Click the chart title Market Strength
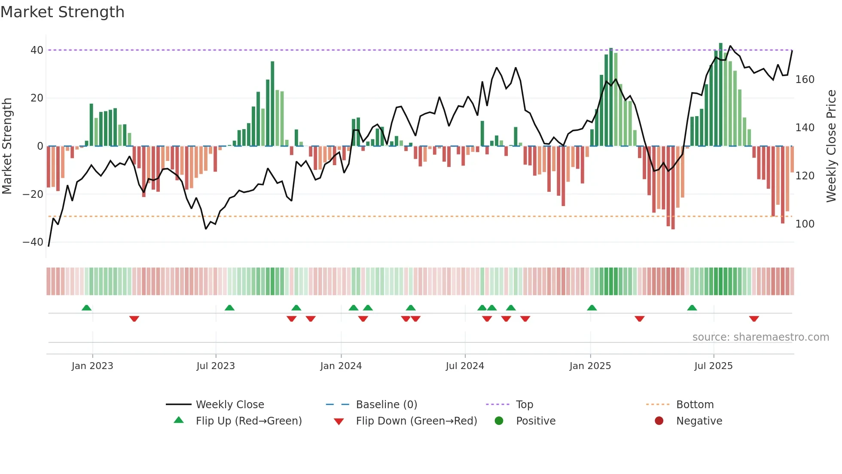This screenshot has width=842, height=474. (62, 12)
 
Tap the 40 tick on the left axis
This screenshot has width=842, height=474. (37, 50)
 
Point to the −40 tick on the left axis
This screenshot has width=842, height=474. (33, 242)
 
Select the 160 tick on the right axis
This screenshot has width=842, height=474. (805, 80)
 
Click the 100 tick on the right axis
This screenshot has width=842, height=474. (805, 224)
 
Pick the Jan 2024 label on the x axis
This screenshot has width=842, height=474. (341, 366)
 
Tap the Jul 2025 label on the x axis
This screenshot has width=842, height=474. (713, 366)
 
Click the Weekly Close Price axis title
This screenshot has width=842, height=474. (831, 146)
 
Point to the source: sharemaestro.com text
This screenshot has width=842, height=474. (760, 337)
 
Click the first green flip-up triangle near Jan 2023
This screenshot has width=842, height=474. (86, 308)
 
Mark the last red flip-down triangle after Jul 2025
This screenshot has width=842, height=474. (754, 319)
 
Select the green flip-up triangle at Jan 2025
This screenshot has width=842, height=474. (592, 308)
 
